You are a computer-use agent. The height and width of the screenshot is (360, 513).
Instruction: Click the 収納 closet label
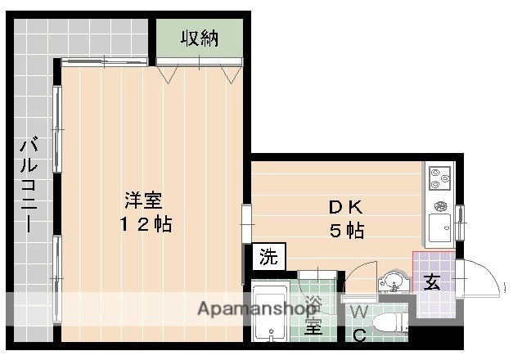click(x=200, y=38)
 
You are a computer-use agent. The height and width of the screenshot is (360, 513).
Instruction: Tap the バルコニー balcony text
click(x=29, y=186)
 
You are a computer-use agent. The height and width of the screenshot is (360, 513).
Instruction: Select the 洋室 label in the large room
click(x=142, y=200)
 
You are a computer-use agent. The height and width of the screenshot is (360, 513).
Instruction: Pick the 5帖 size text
click(x=346, y=231)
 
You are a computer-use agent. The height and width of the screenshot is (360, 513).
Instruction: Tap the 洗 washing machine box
click(x=268, y=256)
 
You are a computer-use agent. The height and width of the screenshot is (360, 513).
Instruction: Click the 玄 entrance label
click(x=432, y=283)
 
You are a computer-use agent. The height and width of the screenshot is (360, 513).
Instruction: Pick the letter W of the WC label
click(x=358, y=312)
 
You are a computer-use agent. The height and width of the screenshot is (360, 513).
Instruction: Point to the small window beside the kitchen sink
click(x=460, y=222)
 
